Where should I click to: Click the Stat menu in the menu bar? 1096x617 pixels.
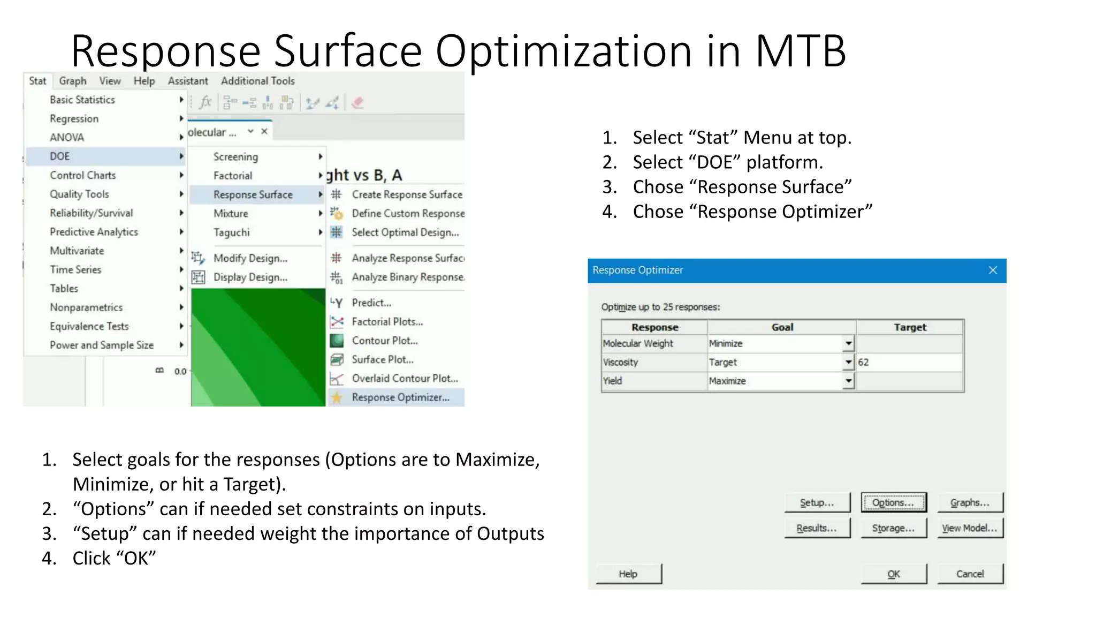(x=37, y=81)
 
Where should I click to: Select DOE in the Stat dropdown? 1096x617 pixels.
(x=60, y=156)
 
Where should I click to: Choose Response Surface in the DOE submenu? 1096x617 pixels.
(x=253, y=194)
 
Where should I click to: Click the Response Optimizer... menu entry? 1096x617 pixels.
(x=400, y=397)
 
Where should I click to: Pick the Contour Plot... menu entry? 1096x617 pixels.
(x=384, y=341)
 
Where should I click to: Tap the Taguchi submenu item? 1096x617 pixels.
(x=232, y=232)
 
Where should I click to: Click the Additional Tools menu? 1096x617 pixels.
(x=257, y=81)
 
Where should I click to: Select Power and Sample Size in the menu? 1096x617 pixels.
(x=102, y=345)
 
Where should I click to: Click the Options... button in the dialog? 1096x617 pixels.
(x=893, y=503)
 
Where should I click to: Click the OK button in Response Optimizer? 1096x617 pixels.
(x=893, y=574)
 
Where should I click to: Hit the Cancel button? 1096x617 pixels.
(x=970, y=574)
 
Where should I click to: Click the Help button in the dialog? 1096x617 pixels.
(x=628, y=574)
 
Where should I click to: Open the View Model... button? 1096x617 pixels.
(x=970, y=528)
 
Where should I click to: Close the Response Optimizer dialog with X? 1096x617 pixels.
(x=993, y=270)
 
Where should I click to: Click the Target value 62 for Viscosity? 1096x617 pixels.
(x=864, y=363)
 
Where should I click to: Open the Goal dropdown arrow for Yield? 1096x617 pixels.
(x=849, y=381)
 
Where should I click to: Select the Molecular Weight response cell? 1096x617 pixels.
(x=638, y=344)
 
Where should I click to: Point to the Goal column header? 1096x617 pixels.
(x=782, y=327)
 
